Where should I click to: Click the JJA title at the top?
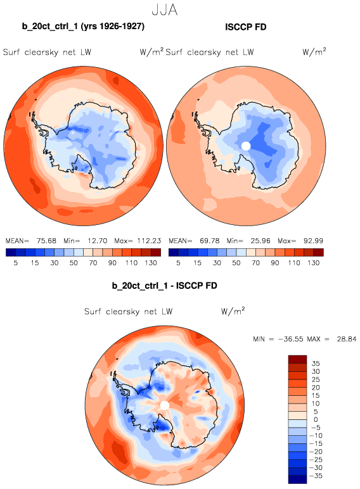coord(165,10)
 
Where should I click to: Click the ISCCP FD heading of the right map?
coord(245,27)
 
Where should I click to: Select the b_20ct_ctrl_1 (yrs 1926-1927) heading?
coord(83,27)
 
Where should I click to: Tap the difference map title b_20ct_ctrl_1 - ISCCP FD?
coord(164,286)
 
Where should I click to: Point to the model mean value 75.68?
coord(46,241)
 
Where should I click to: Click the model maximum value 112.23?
coord(149,241)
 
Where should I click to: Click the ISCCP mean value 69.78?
coord(209,241)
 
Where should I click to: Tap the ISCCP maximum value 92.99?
coord(313,241)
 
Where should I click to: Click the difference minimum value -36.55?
coord(290,339)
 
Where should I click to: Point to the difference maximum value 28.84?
coord(346,339)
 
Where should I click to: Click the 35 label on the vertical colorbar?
coord(316,364)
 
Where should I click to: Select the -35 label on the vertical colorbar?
coord(316,476)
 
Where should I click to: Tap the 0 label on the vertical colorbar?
coord(316,420)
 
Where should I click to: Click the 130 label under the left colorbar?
coord(151,263)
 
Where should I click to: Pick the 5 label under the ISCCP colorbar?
coord(178,263)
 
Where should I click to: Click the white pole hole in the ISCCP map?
coord(246,146)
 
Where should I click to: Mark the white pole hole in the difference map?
coord(164,405)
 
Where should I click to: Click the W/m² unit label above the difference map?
coord(233,310)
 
